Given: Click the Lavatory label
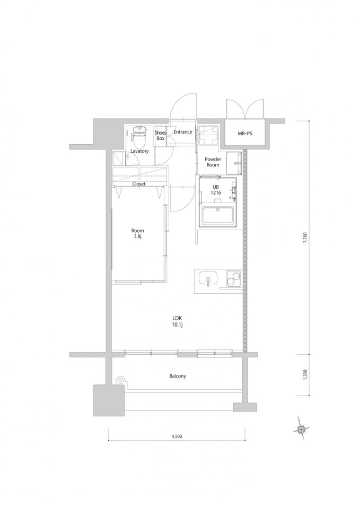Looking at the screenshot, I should [x=140, y=151].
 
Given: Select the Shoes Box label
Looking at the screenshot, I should [x=161, y=136].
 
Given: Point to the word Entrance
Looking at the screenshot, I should [x=182, y=132].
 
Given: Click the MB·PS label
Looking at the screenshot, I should [x=245, y=134].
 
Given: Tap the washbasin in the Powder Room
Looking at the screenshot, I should [x=234, y=163].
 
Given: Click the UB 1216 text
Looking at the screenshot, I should [x=216, y=190].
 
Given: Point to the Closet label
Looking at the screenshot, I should [x=139, y=184].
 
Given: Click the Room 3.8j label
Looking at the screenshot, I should [x=138, y=234].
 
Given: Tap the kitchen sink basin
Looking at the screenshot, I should [x=207, y=279].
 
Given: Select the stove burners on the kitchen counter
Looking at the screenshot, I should [x=232, y=279].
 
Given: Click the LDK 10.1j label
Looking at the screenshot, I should [x=177, y=321].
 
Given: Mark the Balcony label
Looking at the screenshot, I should [x=178, y=376].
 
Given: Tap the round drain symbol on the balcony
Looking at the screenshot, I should [x=120, y=380].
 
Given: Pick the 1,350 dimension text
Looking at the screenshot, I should [x=305, y=374].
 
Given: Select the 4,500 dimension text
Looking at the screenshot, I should [x=177, y=436].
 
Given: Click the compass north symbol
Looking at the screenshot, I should [x=301, y=429].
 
